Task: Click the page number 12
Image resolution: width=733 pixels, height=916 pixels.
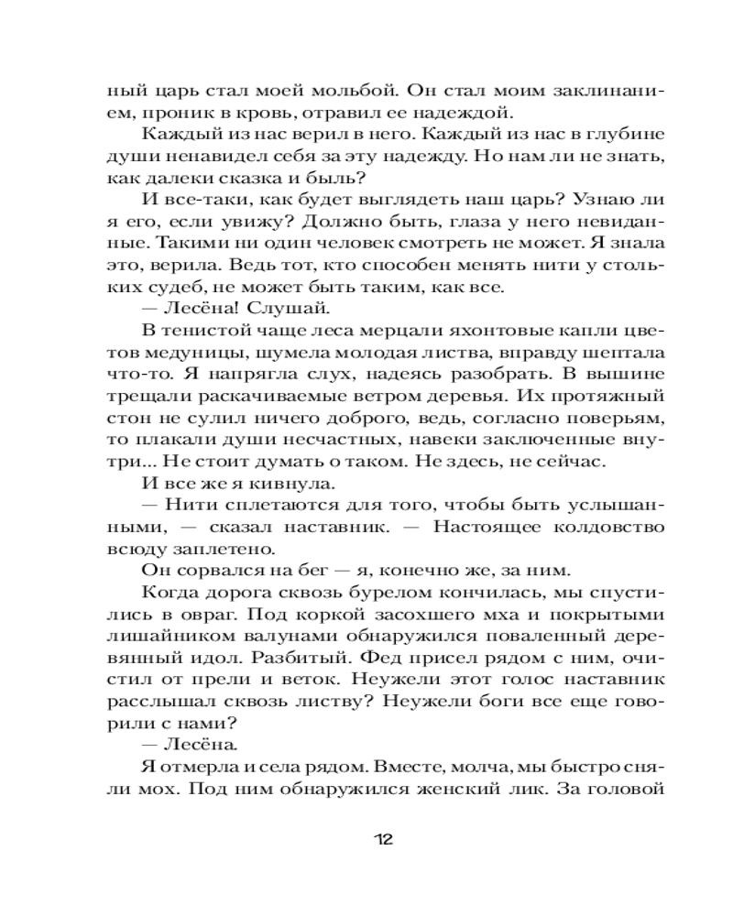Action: tap(383, 839)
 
